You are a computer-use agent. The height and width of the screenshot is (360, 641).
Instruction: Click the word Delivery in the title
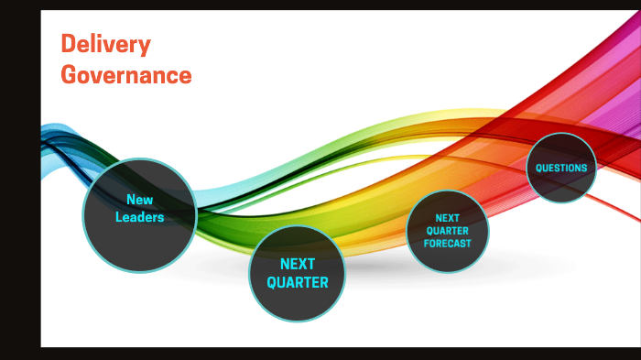pyautogui.click(x=105, y=44)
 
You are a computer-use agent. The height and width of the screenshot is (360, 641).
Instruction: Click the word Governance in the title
pyautogui.click(x=126, y=75)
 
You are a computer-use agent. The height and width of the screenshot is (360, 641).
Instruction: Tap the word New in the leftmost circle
pyautogui.click(x=139, y=200)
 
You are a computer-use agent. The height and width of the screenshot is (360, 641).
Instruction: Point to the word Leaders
pyautogui.click(x=139, y=217)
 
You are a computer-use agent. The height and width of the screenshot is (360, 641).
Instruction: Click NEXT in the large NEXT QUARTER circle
pyautogui.click(x=298, y=264)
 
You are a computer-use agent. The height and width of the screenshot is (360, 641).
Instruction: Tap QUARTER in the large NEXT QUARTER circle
pyautogui.click(x=298, y=282)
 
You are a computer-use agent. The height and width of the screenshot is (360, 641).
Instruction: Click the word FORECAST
pyautogui.click(x=447, y=244)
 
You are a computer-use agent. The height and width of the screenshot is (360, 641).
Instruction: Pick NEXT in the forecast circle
pyautogui.click(x=447, y=218)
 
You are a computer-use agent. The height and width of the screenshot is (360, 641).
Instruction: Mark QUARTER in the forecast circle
pyautogui.click(x=447, y=231)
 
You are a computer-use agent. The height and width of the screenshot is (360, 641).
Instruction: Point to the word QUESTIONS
pyautogui.click(x=561, y=168)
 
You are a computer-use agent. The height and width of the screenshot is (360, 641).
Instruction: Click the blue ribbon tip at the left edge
pyautogui.click(x=50, y=131)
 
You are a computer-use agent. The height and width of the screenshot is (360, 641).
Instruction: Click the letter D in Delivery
pyautogui.click(x=68, y=44)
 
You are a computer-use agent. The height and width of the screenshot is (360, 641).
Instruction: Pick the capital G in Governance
pyautogui.click(x=69, y=75)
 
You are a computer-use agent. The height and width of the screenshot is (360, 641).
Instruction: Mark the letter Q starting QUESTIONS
pyautogui.click(x=538, y=168)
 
